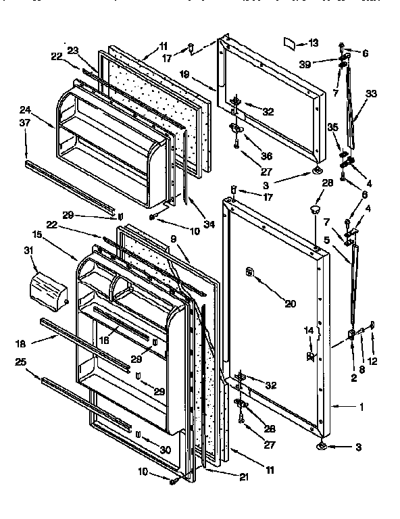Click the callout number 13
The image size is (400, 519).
click(312, 43)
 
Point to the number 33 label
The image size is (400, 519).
click(371, 95)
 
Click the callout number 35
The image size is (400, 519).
click(332, 126)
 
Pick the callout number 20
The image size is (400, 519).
click(290, 304)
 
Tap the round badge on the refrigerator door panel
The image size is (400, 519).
click(250, 272)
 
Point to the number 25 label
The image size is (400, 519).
click(22, 362)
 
